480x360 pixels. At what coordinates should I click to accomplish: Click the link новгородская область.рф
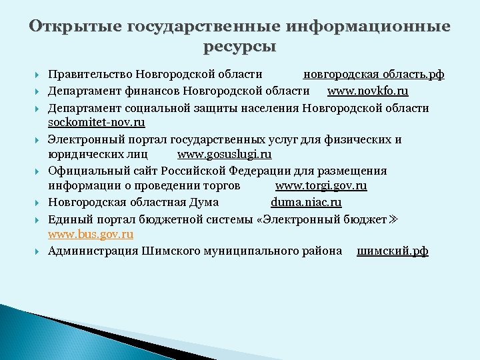373,75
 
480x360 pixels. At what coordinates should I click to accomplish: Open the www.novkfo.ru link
367,91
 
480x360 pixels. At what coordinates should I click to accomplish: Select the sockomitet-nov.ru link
96,123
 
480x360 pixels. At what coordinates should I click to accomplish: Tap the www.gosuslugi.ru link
224,155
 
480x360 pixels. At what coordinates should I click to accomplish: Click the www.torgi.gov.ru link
321,187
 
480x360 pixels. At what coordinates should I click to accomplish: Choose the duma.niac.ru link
306,203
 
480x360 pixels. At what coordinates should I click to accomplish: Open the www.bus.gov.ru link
91,234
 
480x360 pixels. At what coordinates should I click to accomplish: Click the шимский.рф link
393,251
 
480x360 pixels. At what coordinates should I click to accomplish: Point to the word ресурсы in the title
239,47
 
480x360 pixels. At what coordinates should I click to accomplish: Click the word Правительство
91,75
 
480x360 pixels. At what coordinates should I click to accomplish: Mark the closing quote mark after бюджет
393,219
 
